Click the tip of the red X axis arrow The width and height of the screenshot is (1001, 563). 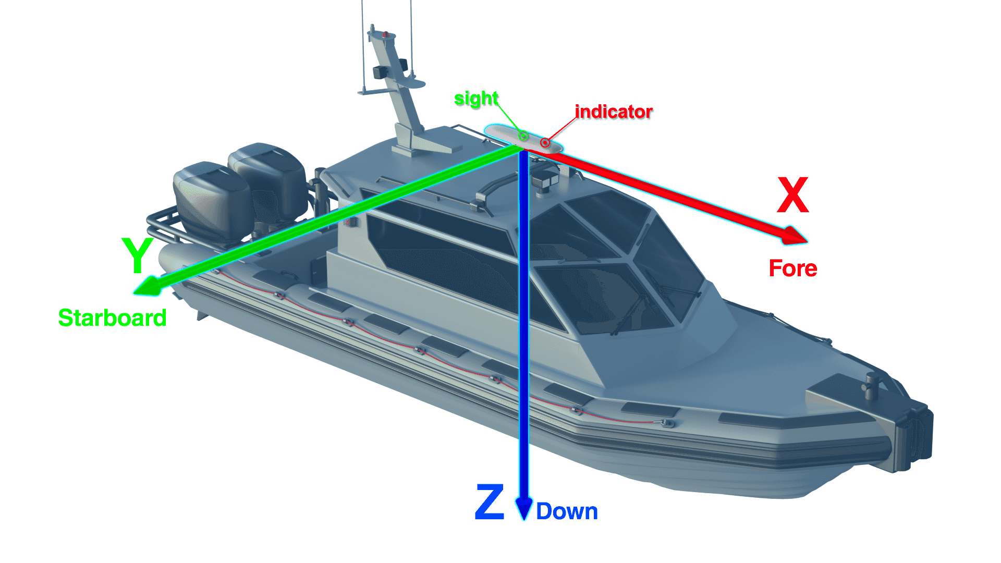coord(808,242)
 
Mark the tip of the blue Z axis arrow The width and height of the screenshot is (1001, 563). coord(524,520)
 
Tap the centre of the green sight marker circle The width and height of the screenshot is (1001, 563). coord(523,137)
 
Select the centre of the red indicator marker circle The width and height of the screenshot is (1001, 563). coord(545,142)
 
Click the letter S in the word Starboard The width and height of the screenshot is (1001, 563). coord(66,318)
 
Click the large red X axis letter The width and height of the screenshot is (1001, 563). coord(793,194)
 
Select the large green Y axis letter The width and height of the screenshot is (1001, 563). coord(137,255)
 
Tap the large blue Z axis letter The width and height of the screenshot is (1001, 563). coord(490,501)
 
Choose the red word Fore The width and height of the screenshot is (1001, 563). coord(793,268)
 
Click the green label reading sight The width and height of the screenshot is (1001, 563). coord(476,98)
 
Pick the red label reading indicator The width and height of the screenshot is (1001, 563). coord(614,112)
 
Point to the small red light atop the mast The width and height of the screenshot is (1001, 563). coord(386,35)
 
